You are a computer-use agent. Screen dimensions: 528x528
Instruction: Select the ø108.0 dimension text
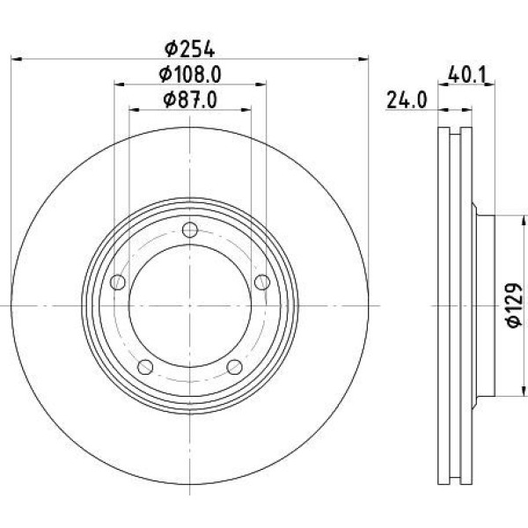coord(190,74)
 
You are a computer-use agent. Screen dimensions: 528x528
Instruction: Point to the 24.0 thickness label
coord(406,100)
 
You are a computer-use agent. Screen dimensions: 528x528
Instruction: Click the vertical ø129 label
coord(517,305)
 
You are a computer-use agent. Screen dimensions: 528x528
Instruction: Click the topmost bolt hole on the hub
coord(191,231)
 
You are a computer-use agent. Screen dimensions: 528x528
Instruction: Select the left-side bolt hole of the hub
coord(120,282)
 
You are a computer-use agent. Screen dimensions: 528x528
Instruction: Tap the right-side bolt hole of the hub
coord(261,282)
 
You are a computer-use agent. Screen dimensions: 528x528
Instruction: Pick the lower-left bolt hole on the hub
coord(147,366)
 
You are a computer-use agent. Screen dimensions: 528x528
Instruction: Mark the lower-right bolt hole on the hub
coord(234,366)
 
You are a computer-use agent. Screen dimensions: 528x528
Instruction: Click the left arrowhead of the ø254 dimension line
coord(16,59)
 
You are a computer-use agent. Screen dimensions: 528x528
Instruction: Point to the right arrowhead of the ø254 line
coord(364,59)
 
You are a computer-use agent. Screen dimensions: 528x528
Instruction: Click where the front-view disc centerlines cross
coord(191,305)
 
